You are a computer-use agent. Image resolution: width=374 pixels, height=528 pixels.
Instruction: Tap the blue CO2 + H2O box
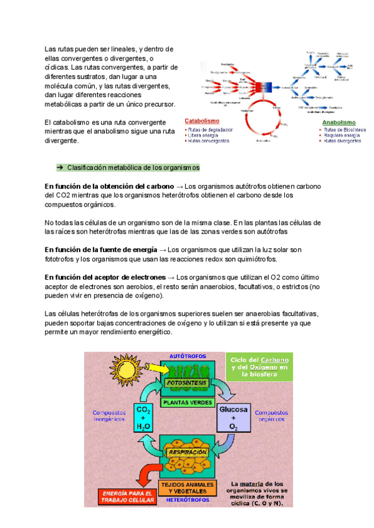click(x=143, y=418)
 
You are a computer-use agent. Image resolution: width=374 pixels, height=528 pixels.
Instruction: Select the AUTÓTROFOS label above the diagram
click(x=188, y=356)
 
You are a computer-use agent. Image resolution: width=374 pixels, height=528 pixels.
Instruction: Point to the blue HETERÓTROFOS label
click(x=188, y=499)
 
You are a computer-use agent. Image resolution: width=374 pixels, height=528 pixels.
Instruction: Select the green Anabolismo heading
click(x=338, y=123)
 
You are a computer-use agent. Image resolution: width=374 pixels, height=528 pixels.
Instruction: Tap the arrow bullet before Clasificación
click(x=60, y=168)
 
